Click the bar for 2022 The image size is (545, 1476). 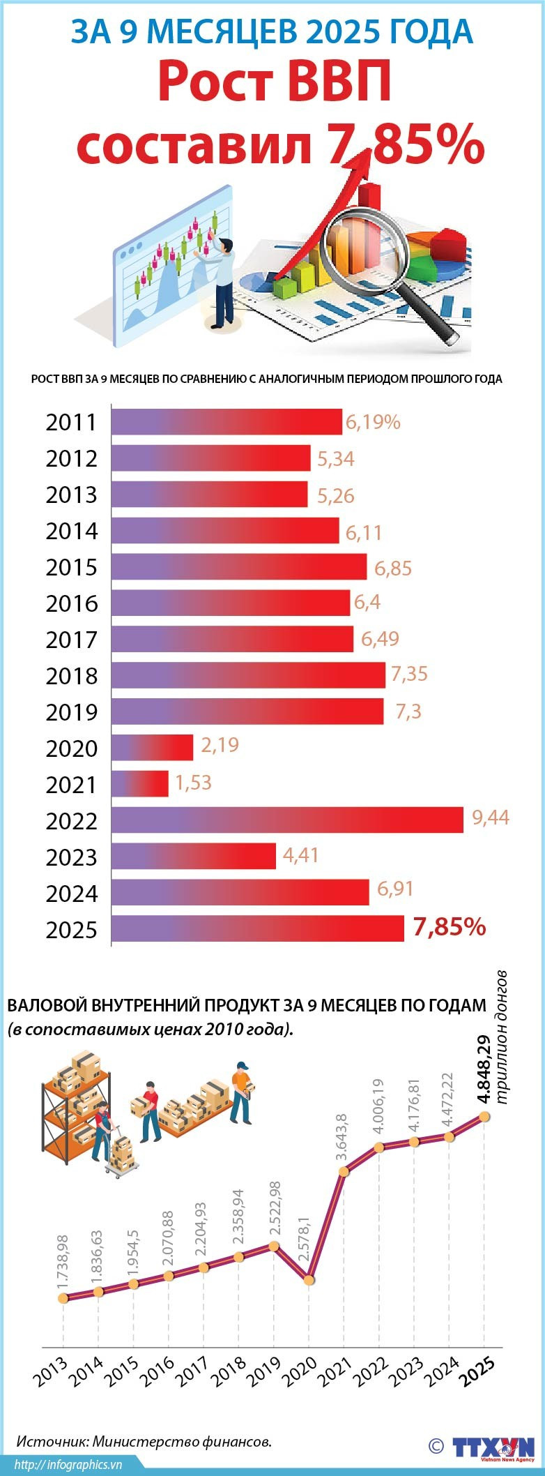[x=287, y=820]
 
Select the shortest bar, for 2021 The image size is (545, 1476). [x=140, y=783]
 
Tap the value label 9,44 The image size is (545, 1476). [x=491, y=818]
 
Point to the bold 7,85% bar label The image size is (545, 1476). [x=449, y=927]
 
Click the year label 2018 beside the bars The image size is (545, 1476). [x=72, y=676]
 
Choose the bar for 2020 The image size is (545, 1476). [x=152, y=747]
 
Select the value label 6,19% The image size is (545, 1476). [x=373, y=422]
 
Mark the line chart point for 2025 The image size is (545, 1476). [x=484, y=1117]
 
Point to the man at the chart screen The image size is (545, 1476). [x=222, y=283]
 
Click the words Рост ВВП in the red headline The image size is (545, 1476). [x=275, y=83]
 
